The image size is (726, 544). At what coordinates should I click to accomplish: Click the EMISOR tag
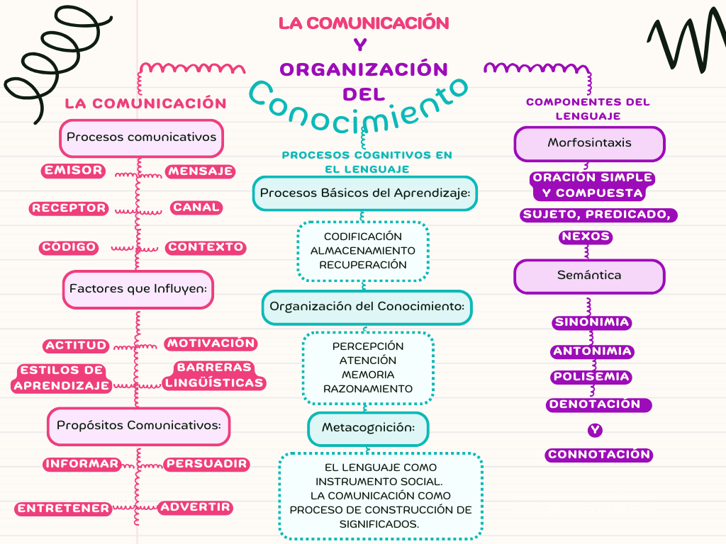pos(73,171)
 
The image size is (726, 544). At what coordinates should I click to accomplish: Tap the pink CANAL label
pos(196,208)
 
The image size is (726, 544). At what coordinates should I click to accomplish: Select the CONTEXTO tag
pos(206,247)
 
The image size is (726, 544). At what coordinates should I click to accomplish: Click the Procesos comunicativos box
pos(141,138)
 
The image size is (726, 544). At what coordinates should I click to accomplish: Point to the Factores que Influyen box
pos(138,290)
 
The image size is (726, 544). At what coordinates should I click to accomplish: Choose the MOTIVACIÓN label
pos(211,344)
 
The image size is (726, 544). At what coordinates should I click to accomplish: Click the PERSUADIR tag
pos(206,464)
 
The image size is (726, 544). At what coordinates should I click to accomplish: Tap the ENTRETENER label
pos(63,509)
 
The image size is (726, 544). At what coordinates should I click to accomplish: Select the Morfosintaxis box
pos(589,144)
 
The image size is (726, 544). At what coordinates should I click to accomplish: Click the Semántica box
pos(589,276)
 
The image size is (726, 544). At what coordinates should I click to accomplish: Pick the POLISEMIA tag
pos(591,377)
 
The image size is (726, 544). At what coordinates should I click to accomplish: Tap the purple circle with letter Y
pos(595,430)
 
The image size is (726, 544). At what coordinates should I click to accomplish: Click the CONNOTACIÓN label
pos(599,455)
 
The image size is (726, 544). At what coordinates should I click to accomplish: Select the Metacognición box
pos(368,429)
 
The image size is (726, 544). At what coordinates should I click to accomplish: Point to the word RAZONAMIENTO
pos(368,389)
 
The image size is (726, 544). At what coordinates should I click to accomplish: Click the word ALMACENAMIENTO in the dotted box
pos(362,251)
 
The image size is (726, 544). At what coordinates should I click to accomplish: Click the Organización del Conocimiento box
pos(367,307)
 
